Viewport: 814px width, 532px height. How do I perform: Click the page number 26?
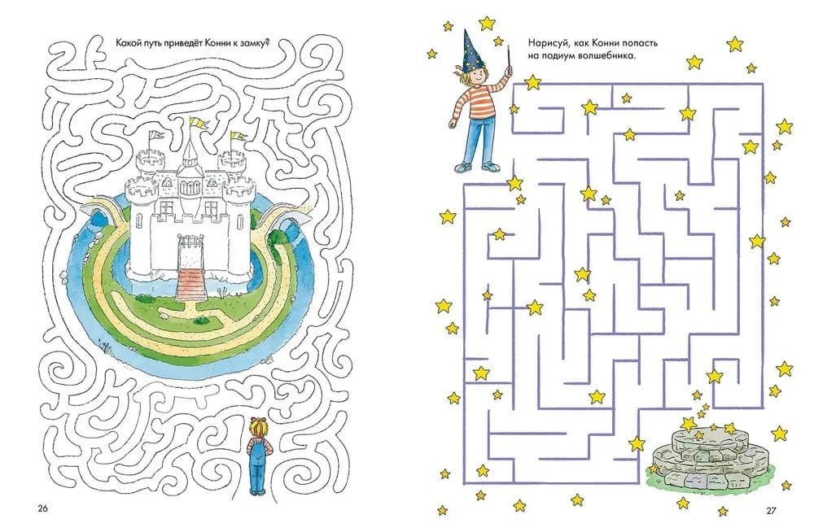coord(42,508)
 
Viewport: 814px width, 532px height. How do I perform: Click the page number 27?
coord(772,510)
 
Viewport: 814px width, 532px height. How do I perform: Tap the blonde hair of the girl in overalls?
coord(259,427)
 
